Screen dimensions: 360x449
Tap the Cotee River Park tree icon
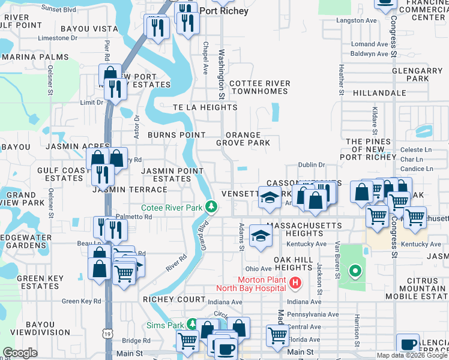(211, 207)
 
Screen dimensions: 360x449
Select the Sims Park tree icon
(191, 325)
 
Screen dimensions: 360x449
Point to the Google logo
(20, 353)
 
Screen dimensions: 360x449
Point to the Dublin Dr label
(312, 164)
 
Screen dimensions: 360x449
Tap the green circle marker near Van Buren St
(355, 272)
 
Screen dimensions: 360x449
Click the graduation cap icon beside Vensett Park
(270, 196)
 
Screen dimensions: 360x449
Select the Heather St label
(341, 80)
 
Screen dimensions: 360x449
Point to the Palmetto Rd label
(133, 217)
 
